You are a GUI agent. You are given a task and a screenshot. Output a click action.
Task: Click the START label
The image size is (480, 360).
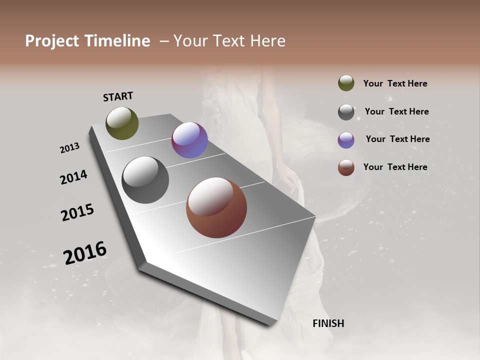(118, 96)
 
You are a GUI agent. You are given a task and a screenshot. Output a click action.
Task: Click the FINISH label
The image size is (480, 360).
(328, 323)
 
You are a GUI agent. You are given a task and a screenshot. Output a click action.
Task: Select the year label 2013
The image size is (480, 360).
(69, 147)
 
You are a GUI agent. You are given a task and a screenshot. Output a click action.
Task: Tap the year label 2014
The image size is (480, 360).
(73, 177)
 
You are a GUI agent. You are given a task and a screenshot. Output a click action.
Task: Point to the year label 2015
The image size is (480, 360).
(77, 212)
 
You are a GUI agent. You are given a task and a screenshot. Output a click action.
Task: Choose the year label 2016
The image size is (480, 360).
(85, 252)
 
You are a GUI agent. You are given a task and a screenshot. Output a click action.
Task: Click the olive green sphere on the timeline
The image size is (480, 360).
(122, 123)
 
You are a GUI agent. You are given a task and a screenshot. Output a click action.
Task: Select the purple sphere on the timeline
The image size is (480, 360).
(189, 140)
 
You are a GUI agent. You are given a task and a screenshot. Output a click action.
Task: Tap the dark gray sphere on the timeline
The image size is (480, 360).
(145, 180)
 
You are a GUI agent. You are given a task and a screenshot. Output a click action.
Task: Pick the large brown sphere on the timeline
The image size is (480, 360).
(216, 207)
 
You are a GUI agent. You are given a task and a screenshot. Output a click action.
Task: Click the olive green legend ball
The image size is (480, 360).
(346, 83)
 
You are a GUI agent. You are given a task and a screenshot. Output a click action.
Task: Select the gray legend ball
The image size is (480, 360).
(346, 112)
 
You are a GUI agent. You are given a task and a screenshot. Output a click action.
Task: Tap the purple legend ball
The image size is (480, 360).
(346, 139)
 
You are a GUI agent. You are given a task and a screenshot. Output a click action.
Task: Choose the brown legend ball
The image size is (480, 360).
(346, 167)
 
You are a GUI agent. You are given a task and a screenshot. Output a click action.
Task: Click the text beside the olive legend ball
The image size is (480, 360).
(395, 83)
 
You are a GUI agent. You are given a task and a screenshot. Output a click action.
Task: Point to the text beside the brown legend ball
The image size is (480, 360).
(395, 167)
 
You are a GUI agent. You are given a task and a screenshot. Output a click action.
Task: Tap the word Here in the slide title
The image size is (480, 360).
(264, 41)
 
